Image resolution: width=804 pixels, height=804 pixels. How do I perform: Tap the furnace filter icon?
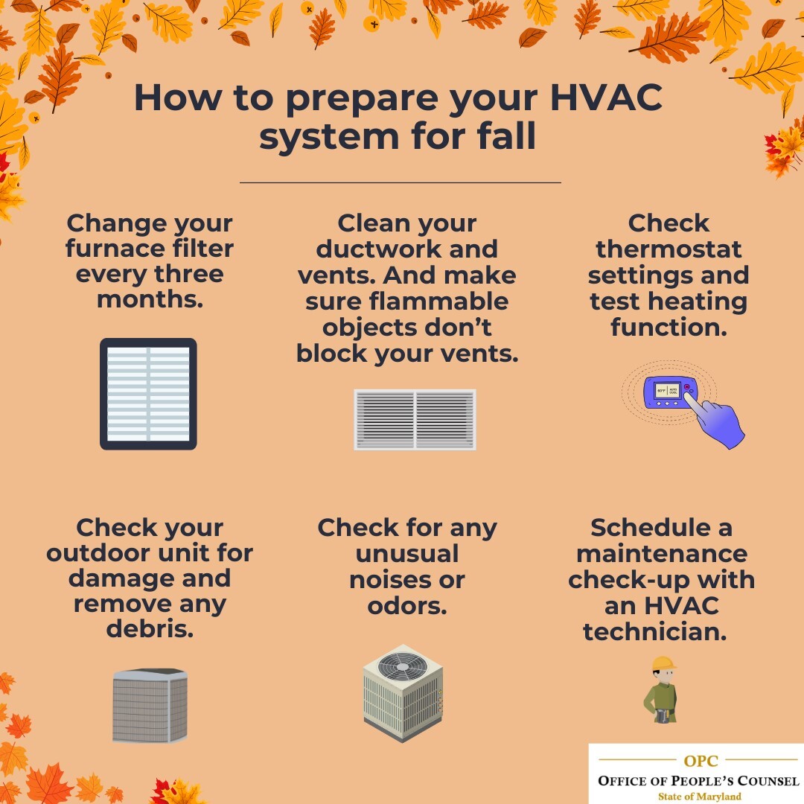click(148, 394)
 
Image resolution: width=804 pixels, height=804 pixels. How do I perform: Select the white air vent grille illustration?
click(415, 419)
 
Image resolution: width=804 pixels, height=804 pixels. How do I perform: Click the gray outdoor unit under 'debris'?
click(150, 705)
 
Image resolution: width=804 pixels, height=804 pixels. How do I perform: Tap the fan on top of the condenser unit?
click(403, 665)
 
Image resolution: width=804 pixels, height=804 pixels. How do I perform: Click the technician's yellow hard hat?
click(663, 663)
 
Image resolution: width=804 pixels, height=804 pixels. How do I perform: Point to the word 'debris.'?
click(150, 629)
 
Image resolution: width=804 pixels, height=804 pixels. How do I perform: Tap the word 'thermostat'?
click(669, 249)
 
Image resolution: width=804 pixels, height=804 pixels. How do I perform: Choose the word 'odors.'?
click(406, 605)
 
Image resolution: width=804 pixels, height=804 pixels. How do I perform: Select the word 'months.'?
click(150, 300)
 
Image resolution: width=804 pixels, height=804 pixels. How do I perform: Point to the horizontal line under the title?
click(400, 182)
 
